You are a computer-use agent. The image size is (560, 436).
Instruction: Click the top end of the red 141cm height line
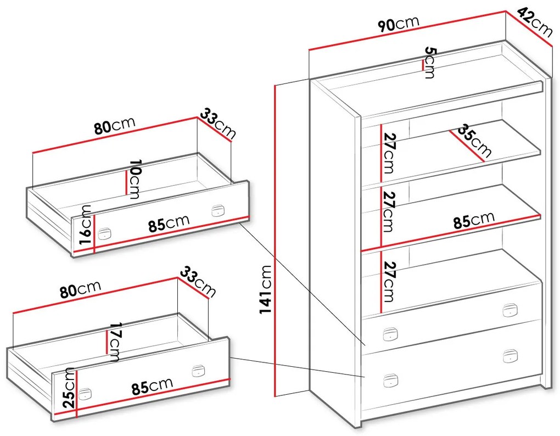click(x=275, y=85)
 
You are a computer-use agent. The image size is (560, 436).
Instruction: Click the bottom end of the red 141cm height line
click(x=275, y=396)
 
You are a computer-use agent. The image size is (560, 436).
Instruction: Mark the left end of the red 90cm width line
click(x=309, y=49)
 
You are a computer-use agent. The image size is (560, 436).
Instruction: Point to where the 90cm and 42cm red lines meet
click(x=506, y=12)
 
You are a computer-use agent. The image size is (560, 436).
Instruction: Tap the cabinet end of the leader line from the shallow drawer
click(x=365, y=345)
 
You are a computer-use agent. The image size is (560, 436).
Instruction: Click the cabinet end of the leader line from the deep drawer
click(x=365, y=377)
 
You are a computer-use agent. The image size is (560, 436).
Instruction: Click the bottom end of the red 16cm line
click(x=94, y=253)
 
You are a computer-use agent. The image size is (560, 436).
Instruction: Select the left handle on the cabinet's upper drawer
click(x=390, y=334)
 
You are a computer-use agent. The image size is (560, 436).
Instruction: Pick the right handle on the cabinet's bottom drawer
click(x=510, y=356)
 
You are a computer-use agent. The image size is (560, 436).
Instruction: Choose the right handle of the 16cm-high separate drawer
click(x=217, y=210)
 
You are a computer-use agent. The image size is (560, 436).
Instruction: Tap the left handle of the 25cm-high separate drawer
click(x=85, y=394)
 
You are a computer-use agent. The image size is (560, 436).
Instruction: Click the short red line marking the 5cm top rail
click(x=423, y=65)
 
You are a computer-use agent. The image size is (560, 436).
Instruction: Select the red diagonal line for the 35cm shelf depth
click(x=467, y=146)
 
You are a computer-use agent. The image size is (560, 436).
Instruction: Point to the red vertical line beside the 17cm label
click(x=107, y=342)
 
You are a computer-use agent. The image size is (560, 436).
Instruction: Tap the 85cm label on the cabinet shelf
click(x=474, y=220)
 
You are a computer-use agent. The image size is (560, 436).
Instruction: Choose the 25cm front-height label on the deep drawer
click(x=69, y=388)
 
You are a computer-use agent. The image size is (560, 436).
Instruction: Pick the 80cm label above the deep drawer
click(x=80, y=289)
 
